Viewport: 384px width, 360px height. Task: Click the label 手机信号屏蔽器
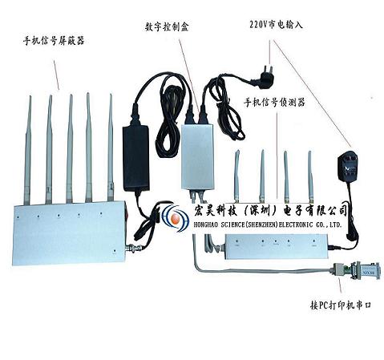54,41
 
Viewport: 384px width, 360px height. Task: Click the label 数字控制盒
167,26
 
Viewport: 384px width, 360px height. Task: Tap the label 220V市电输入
276,25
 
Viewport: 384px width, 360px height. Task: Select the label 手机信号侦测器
274,102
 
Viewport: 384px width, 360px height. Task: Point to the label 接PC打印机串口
341,305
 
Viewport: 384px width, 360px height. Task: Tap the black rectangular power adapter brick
135,158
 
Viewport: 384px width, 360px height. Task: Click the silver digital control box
197,156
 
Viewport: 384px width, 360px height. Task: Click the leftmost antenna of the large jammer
27,150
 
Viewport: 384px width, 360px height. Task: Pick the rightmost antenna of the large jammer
111,148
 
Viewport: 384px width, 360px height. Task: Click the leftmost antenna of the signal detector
236,176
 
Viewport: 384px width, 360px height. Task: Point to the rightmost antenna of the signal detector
310,176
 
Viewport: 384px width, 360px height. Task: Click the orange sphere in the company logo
176,218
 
